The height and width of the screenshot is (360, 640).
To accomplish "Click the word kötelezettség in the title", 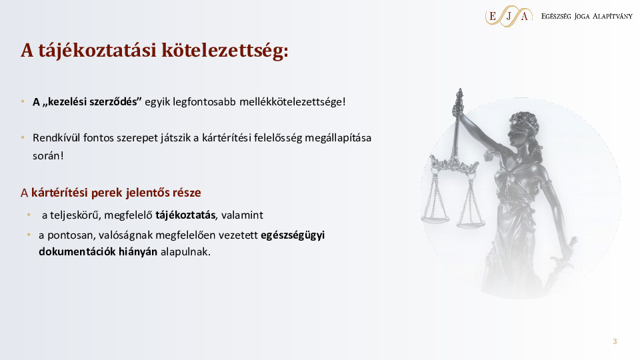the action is pos(225,51).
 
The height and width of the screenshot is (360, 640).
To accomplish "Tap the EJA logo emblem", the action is pos(509,16).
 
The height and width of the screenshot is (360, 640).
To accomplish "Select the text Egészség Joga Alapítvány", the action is pos(587,16).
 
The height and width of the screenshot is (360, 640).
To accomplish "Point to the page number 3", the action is pos(615,341).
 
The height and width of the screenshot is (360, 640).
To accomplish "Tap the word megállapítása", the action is pos(338,138).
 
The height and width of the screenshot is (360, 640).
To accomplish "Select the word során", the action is pos(48,155).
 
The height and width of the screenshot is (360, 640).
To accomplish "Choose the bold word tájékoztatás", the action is pos(186,215).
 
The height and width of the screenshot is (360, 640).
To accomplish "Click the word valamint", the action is pos(242,215).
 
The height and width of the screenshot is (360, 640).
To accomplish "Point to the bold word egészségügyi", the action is pos(293,235).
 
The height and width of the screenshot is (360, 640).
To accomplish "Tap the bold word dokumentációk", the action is pos(77,251).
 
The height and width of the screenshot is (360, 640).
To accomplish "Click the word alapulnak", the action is pos(185,252).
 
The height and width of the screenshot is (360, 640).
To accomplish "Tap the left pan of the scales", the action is pos(435,220).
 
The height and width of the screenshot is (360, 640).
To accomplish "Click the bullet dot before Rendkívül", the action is pos(23,137).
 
